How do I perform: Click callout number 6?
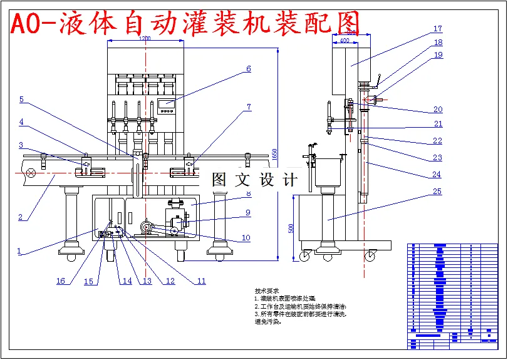click(x=248, y=69)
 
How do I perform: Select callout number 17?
click(x=437, y=29)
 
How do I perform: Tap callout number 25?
click(x=437, y=192)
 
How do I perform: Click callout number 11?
click(x=201, y=281)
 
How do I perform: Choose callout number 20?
click(x=438, y=110)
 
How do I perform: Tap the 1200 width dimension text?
click(x=145, y=39)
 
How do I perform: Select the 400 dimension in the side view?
click(x=344, y=41)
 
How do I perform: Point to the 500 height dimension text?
click(x=291, y=229)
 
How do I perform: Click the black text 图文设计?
click(x=254, y=180)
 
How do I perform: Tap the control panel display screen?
click(x=167, y=102)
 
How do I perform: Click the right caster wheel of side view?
click(x=370, y=255)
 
